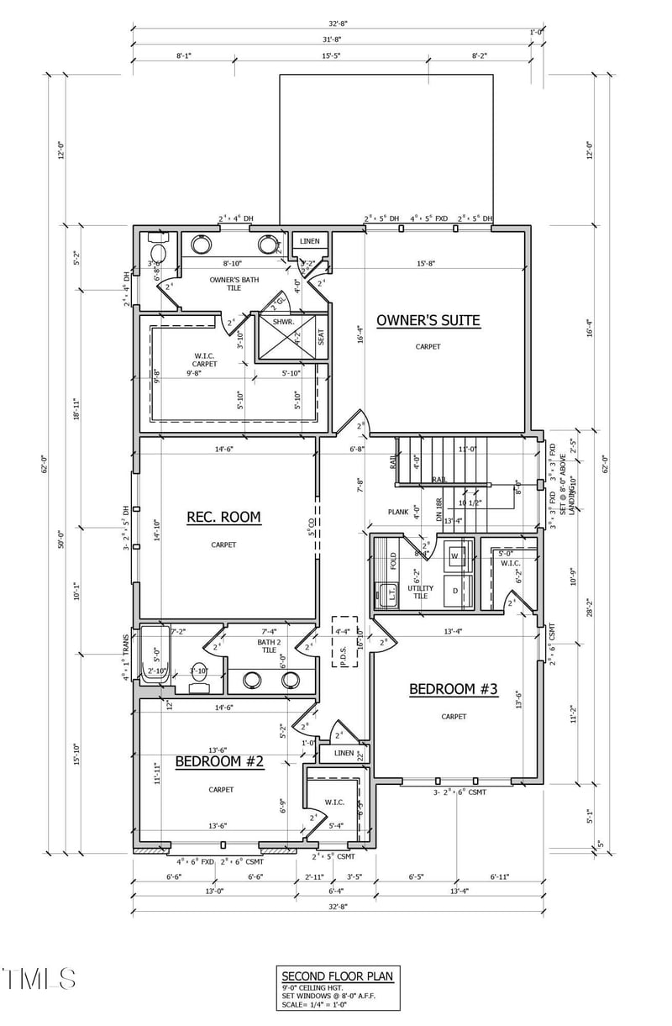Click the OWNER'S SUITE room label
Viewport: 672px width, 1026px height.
tap(428, 320)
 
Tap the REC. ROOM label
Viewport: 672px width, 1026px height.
tap(223, 518)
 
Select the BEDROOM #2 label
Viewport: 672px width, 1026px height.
tap(219, 762)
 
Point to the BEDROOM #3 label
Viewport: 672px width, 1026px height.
tap(454, 690)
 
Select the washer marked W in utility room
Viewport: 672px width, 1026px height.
tap(454, 556)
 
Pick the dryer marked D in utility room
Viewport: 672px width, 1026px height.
tap(454, 592)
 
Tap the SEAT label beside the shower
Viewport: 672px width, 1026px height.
tap(321, 337)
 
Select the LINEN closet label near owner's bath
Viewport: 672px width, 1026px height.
tap(310, 242)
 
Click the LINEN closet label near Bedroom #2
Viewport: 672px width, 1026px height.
tap(344, 754)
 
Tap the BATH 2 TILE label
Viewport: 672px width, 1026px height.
tap(268, 646)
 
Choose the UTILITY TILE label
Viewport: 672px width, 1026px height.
tap(420, 591)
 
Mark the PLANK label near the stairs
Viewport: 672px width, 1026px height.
tap(397, 512)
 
